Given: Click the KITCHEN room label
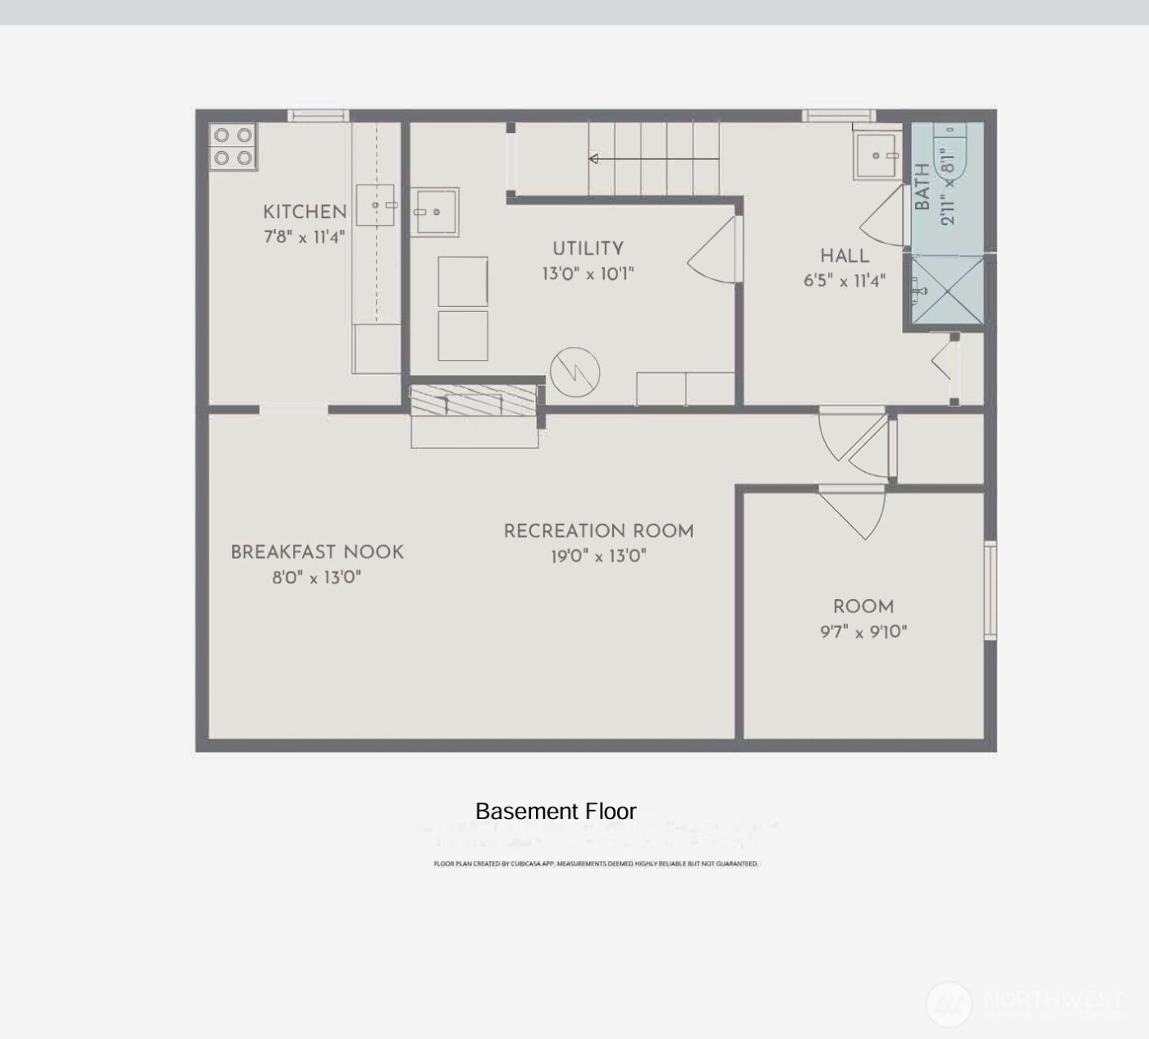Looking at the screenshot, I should (304, 212).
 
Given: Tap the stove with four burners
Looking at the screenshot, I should (233, 146).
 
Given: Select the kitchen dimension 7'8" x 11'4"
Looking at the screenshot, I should (304, 237).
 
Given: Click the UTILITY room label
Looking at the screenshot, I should (588, 249).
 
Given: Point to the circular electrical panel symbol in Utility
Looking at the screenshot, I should (575, 372).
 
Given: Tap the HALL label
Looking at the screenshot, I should (845, 255).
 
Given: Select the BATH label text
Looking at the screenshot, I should (922, 187).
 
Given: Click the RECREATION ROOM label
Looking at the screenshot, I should (598, 531).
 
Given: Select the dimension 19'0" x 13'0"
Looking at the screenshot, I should (598, 556).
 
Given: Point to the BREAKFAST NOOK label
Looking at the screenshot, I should (317, 552).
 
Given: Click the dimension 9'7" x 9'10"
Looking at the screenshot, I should (863, 632).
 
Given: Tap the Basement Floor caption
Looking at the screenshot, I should (556, 812).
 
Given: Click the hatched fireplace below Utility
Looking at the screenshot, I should (474, 402).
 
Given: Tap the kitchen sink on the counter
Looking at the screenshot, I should (377, 204).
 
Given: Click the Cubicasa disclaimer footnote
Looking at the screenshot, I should (596, 863).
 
